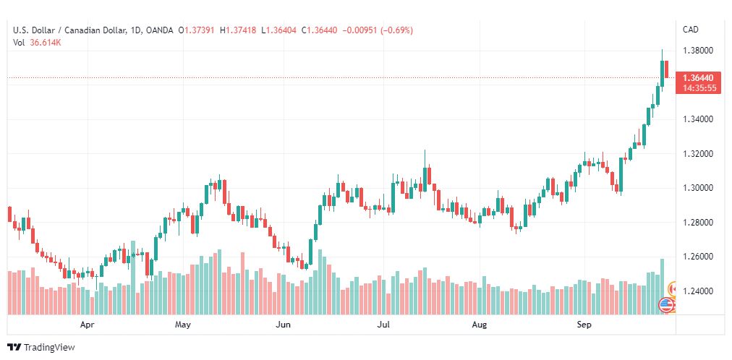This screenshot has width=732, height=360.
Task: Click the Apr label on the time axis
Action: (88, 325)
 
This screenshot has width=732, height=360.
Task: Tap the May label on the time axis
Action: (183, 325)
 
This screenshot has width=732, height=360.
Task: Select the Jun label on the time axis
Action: (283, 325)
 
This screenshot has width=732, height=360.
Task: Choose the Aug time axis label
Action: (480, 325)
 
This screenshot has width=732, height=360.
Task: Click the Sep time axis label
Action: (584, 325)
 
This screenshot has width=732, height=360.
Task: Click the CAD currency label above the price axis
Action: (691, 30)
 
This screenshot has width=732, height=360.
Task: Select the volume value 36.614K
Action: (46, 43)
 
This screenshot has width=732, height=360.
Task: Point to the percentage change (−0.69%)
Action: (397, 30)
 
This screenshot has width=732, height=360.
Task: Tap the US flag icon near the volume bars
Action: (666, 305)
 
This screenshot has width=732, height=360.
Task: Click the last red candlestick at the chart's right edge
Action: (667, 69)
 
